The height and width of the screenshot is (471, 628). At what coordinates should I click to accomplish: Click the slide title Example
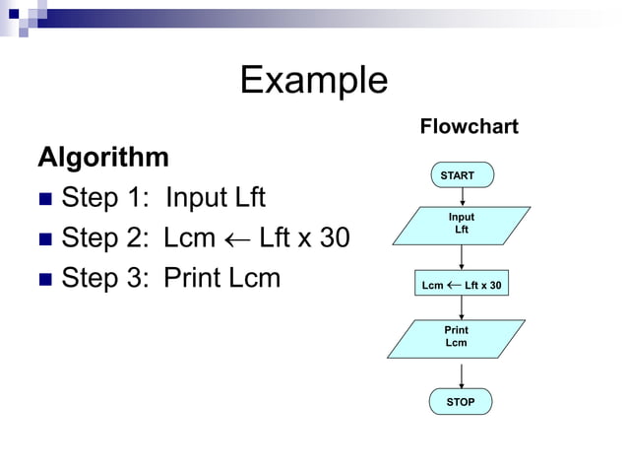pyautogui.click(x=313, y=80)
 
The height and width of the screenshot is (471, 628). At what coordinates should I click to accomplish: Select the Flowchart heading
pyautogui.click(x=469, y=127)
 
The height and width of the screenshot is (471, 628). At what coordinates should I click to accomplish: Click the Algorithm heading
pyautogui.click(x=103, y=158)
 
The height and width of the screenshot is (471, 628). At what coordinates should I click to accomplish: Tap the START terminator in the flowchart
pyautogui.click(x=461, y=175)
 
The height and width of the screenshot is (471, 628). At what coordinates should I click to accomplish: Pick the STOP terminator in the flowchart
pyautogui.click(x=460, y=402)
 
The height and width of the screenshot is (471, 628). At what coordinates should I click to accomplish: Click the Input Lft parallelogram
pyautogui.click(x=461, y=225)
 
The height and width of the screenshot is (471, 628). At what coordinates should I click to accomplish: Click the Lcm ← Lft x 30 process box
pyautogui.click(x=461, y=286)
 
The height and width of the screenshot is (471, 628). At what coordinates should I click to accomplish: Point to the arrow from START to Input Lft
pyautogui.click(x=461, y=197)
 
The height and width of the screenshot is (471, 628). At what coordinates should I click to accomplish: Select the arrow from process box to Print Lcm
pyautogui.click(x=461, y=308)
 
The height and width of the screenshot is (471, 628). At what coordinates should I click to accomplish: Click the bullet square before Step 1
pyautogui.click(x=44, y=200)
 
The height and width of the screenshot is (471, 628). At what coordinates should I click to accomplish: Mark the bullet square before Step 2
pyautogui.click(x=44, y=240)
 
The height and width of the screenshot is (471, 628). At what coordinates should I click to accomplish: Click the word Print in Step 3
pyautogui.click(x=192, y=279)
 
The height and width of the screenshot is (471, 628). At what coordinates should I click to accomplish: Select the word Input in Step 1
pyautogui.click(x=196, y=198)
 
